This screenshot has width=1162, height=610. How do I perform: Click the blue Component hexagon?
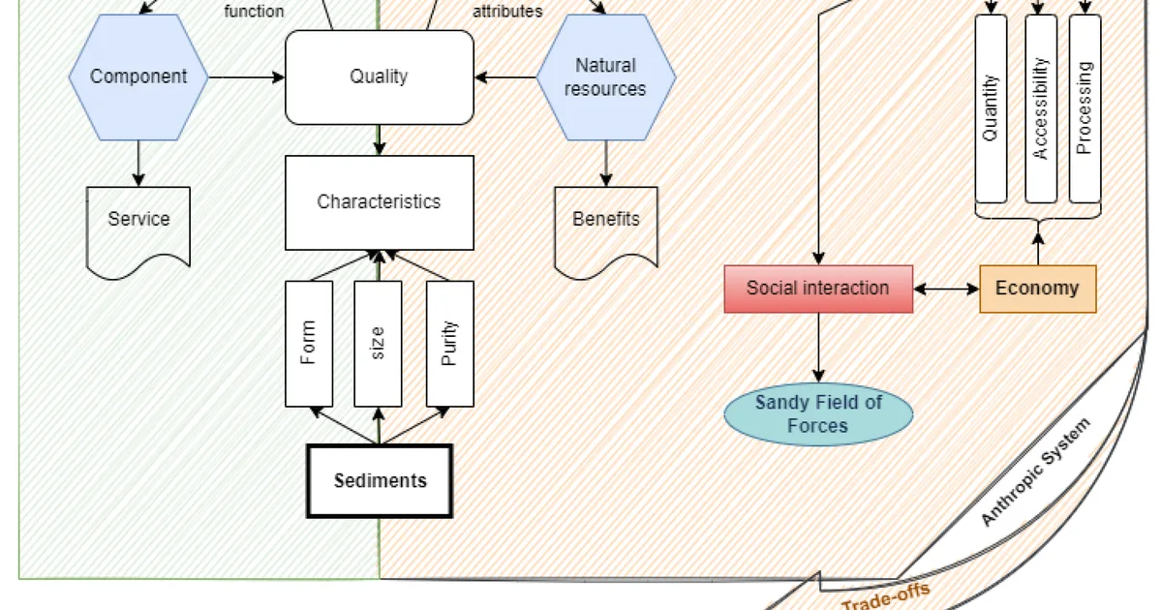click(138, 77)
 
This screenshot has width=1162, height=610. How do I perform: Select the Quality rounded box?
click(380, 77)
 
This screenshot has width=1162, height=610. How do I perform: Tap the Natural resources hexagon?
click(606, 77)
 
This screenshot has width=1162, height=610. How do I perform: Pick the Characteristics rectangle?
click(380, 202)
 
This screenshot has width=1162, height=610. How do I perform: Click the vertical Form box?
click(309, 344)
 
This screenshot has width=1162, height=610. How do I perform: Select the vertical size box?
click(378, 344)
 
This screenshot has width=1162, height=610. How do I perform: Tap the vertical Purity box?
click(449, 344)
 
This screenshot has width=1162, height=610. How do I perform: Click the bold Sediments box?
click(380, 481)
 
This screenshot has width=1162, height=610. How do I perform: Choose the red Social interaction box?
click(818, 289)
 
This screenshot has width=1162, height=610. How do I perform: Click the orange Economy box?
click(1038, 289)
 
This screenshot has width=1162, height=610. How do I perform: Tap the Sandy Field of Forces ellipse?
click(818, 414)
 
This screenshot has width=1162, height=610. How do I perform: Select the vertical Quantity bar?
click(991, 108)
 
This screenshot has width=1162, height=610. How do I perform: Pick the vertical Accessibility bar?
click(1041, 108)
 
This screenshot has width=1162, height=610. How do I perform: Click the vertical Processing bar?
click(1085, 108)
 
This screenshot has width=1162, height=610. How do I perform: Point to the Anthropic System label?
click(1035, 473)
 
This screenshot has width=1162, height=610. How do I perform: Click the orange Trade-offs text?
click(886, 597)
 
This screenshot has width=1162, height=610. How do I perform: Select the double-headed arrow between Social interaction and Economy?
click(946, 289)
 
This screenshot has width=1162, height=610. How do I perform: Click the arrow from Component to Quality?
click(246, 77)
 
